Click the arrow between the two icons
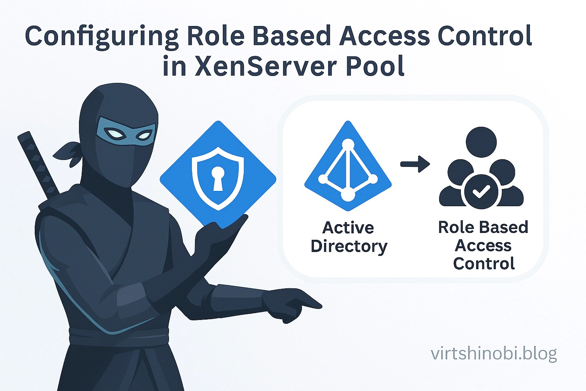click(x=415, y=164)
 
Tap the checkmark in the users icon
click(x=481, y=191)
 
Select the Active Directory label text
click(x=349, y=237)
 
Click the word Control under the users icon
click(x=484, y=263)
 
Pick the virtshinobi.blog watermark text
click(x=494, y=354)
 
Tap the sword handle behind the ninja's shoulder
click(x=36, y=160)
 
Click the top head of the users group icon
click(x=481, y=140)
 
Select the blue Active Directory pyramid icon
click(x=348, y=168)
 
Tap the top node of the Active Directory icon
click(x=348, y=144)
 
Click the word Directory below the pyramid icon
click(x=349, y=246)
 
